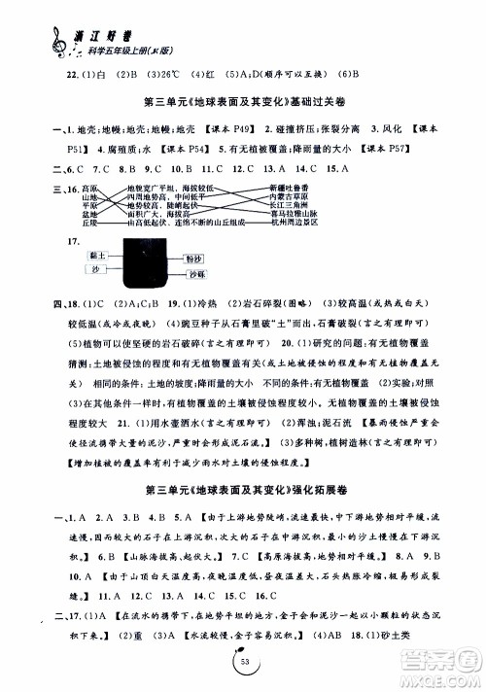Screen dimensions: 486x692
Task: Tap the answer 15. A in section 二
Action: point(340,167)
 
